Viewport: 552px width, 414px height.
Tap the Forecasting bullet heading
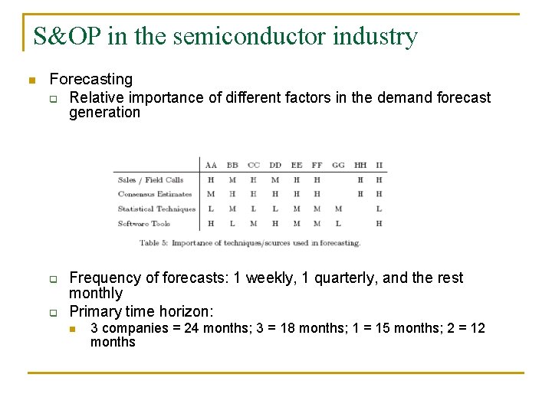click(x=90, y=79)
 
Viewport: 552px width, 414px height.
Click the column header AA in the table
click(x=211, y=165)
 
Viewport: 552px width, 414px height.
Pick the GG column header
click(x=338, y=165)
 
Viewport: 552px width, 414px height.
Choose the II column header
click(x=379, y=165)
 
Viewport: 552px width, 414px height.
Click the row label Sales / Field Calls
click(x=150, y=180)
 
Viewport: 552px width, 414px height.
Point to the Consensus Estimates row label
click(x=155, y=195)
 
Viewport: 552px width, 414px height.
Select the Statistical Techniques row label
click(x=156, y=209)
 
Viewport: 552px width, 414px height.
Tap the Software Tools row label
click(x=144, y=223)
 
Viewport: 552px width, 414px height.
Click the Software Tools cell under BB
click(x=232, y=223)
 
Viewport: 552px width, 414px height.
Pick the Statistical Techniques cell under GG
click(x=338, y=209)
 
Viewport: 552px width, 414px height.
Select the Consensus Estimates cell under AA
click(x=211, y=195)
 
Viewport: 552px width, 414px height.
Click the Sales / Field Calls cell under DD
click(x=274, y=180)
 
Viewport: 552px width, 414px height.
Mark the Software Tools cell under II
click(x=379, y=223)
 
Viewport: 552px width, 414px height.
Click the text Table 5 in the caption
click(x=154, y=243)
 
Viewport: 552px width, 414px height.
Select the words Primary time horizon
click(x=141, y=311)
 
